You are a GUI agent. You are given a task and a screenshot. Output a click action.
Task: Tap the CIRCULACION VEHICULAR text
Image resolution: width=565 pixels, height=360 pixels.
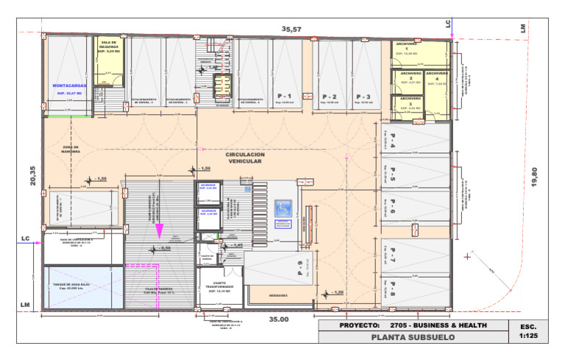coord(246,156)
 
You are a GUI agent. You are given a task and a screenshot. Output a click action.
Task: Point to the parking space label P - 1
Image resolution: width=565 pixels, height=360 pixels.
coord(285,96)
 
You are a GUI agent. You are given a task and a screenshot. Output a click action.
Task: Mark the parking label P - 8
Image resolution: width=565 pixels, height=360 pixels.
coord(393,289)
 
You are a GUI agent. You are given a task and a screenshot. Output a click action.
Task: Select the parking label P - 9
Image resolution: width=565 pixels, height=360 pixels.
coord(301,267)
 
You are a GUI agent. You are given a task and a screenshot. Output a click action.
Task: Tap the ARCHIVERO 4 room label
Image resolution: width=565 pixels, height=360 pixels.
coord(438,76)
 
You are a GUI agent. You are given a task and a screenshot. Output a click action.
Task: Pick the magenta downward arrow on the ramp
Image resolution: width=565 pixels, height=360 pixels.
coord(160,229)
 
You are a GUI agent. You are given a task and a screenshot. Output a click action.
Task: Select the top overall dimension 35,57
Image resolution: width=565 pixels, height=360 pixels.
coord(292,29)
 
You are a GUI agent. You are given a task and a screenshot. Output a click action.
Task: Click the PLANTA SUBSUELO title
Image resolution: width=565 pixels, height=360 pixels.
coord(413,337)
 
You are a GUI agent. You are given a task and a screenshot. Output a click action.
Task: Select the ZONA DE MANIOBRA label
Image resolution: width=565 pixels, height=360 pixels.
coord(71,150)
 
